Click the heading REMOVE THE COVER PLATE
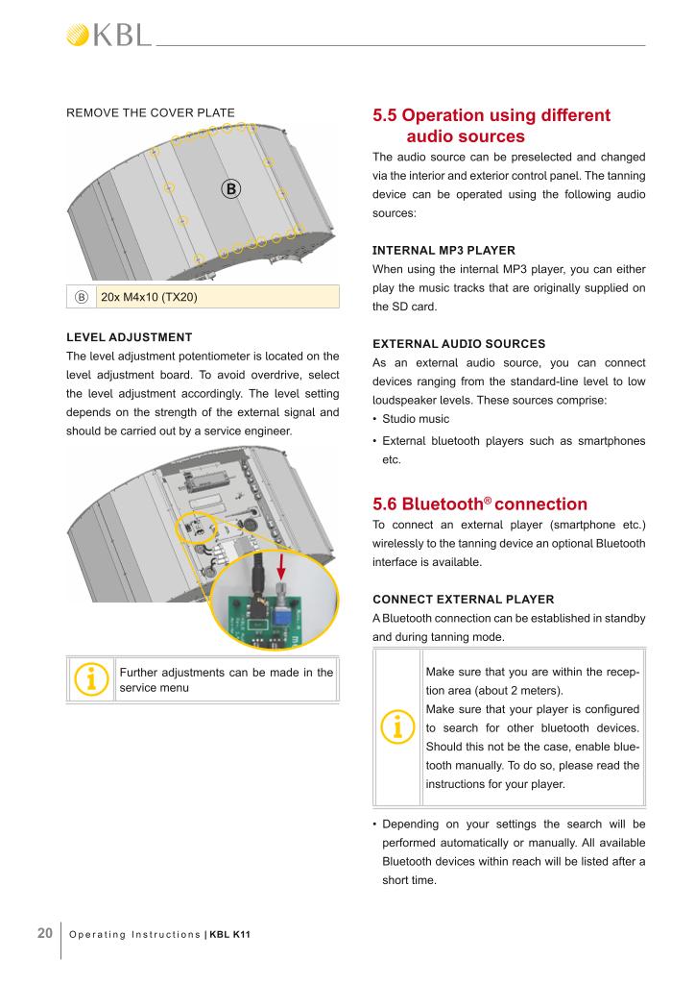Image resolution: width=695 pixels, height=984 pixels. [150, 113]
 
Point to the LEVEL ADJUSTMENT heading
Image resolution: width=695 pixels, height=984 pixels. [129, 337]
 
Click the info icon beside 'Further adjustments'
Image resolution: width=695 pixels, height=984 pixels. [90, 680]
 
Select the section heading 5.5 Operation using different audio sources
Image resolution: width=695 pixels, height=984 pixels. [491, 126]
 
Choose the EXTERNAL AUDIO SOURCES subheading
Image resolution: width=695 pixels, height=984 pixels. [459, 343]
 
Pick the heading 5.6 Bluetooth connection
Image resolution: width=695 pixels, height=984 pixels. [480, 504]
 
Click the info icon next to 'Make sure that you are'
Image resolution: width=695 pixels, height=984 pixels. [397, 726]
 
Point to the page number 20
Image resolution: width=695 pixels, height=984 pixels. [44, 931]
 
